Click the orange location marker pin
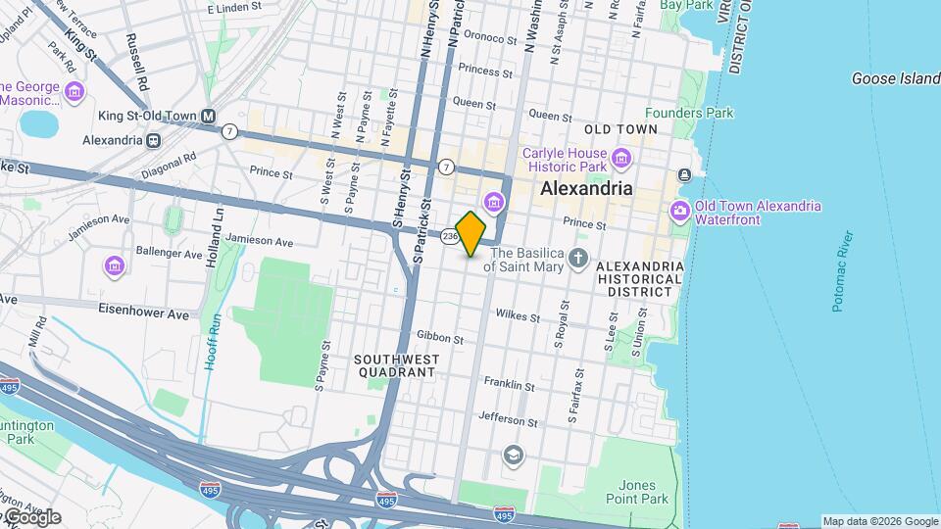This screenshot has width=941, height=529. coord(471,233)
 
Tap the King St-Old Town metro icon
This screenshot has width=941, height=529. coord(208,116)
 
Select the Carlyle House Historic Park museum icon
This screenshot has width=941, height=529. coord(619,158)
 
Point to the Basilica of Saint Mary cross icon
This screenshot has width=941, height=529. coord(579,259)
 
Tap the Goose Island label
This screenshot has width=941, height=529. coord(895,78)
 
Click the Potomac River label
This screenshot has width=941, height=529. coord(843,270)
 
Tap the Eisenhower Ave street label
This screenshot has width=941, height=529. coord(143,314)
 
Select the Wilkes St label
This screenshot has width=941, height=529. coord(519,316)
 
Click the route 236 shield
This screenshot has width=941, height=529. coord(450,236)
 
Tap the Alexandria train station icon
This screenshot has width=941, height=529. coord(153,140)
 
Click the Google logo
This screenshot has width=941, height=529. coord(32,517)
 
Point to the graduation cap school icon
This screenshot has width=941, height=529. coord(513,455)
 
